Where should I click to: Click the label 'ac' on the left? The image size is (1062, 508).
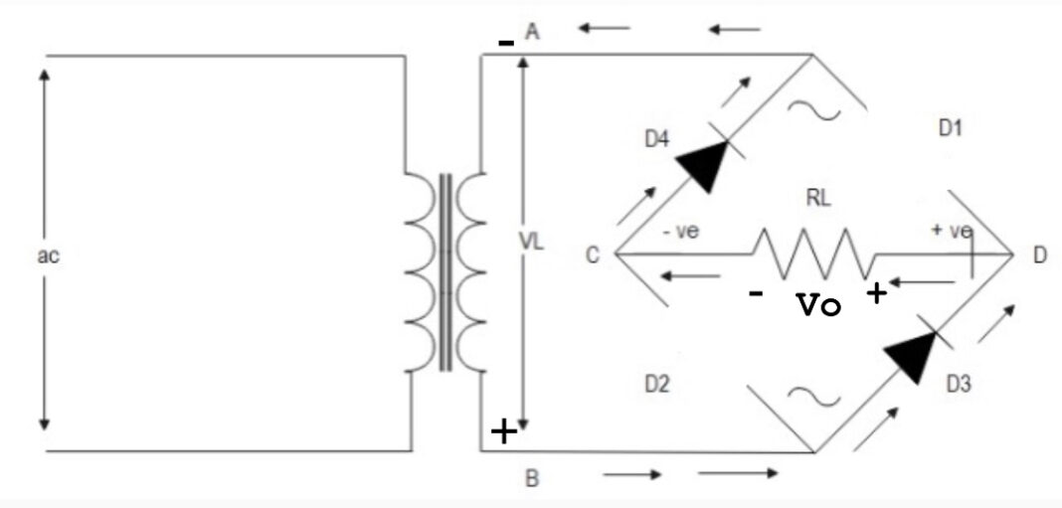48,255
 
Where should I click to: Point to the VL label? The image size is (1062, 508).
533,242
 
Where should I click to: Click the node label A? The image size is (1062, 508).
532,33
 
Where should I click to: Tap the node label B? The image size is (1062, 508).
532,479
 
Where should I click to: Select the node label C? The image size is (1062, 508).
593,255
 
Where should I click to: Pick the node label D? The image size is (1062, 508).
1039,255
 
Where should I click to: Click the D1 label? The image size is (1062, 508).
952,127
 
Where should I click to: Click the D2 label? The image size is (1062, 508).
656,385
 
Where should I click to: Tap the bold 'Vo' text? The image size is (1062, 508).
819,305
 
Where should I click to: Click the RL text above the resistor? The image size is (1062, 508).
817,199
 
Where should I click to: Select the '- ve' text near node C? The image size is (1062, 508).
682,232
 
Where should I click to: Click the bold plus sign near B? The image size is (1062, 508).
505,431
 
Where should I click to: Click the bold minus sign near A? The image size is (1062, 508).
506,44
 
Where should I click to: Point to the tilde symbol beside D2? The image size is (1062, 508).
802,396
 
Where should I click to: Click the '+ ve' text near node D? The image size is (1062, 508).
951,232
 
